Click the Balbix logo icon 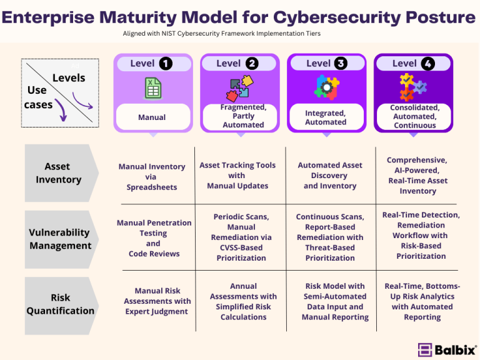pyautogui.click(x=425, y=349)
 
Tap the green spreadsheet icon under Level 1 pyautogui.click(x=152, y=88)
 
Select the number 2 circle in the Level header pyautogui.click(x=252, y=63)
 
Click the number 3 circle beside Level pyautogui.click(x=341, y=63)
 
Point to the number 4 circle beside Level pyautogui.click(x=427, y=63)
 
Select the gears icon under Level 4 pyautogui.click(x=412, y=87)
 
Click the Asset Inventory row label pyautogui.click(x=58, y=173)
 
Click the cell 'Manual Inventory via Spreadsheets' pyautogui.click(x=152, y=177)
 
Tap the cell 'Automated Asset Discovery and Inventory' pyautogui.click(x=329, y=176)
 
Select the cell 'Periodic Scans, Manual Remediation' pyautogui.click(x=241, y=237)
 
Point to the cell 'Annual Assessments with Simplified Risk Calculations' pyautogui.click(x=243, y=301)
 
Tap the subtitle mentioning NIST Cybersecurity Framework pyautogui.click(x=240, y=34)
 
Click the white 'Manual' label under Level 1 pyautogui.click(x=152, y=117)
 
